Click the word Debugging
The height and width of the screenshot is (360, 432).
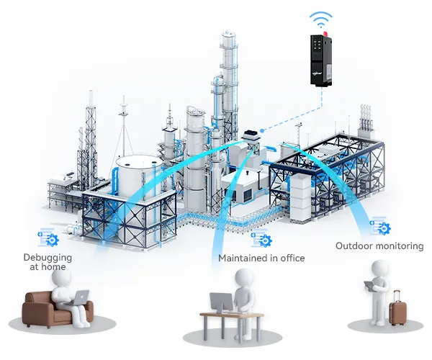pos(48,257)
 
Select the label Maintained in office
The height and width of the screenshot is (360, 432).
pos(261,258)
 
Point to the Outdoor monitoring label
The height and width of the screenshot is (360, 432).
pos(379,246)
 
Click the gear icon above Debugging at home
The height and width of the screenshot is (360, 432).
pos(49,237)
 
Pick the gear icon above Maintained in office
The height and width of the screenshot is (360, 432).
pos(261,238)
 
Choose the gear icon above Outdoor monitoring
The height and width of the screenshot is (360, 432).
pos(379,227)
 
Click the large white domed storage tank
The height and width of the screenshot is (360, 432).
pos(137,173)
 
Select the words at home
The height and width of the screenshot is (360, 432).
pos(48,267)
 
